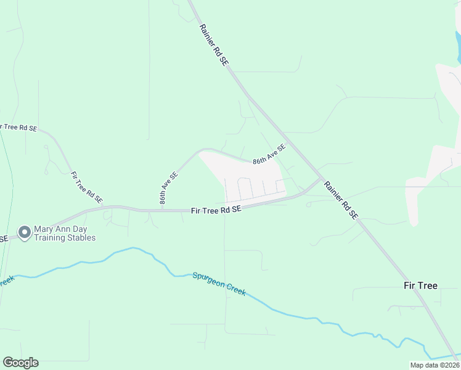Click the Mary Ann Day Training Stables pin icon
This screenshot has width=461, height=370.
[x=25, y=232]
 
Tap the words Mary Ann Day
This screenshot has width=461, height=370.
[x=60, y=229]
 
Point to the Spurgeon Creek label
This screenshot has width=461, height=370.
[x=219, y=284]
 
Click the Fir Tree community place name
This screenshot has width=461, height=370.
[x=420, y=286]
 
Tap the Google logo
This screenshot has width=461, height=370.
[x=20, y=363]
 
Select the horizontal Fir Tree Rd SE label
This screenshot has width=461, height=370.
[x=216, y=210]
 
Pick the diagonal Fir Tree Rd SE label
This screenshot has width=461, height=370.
[x=86, y=187]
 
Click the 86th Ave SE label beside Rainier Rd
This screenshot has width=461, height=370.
[x=269, y=154]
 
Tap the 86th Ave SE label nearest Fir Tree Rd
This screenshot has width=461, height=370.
[x=168, y=187]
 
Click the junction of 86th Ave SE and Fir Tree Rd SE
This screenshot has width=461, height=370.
[x=162, y=210]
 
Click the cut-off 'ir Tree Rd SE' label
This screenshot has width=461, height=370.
[x=18, y=128]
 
